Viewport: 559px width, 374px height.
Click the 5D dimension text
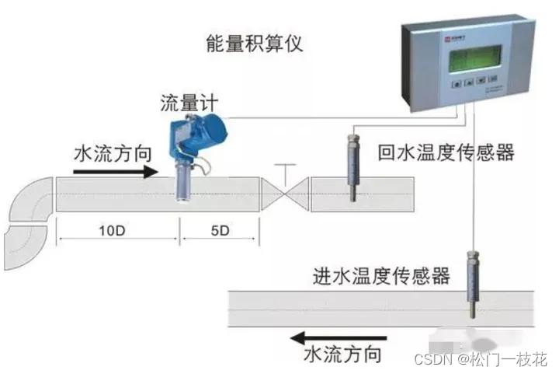pyautogui.click(x=220, y=231)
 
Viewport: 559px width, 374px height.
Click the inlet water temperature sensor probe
pyautogui.click(x=471, y=283)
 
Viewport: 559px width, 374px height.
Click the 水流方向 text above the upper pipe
pyautogui.click(x=110, y=152)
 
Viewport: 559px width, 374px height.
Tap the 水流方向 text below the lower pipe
pyautogui.click(x=342, y=355)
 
